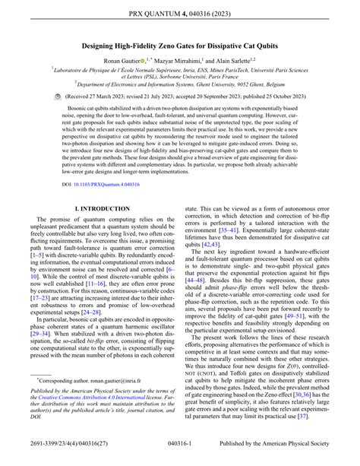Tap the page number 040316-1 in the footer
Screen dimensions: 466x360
[x=181, y=456]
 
